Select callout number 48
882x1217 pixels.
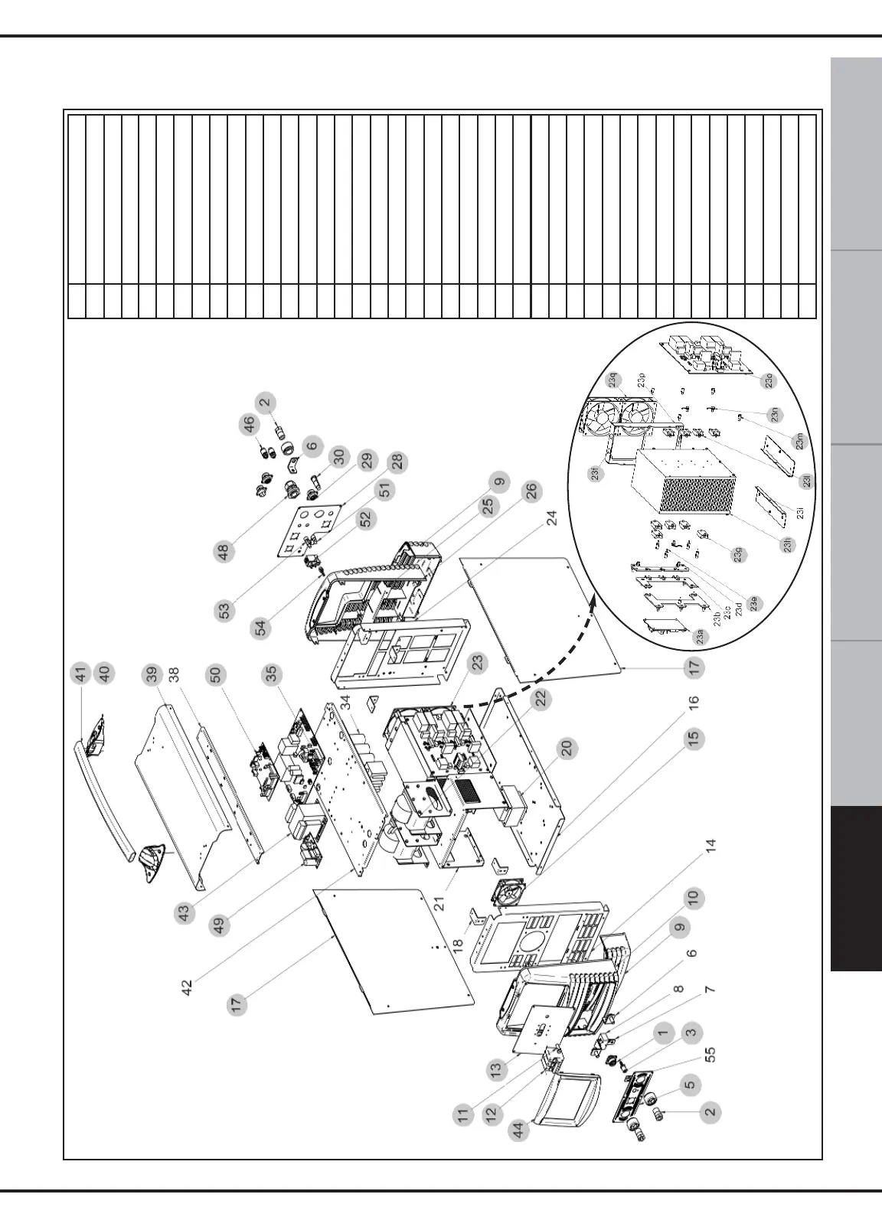pos(225,552)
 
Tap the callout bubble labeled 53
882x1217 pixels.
pos(224,611)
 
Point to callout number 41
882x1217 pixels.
pos(80,674)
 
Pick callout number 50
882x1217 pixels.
pos(216,676)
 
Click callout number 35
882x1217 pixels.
pos(271,676)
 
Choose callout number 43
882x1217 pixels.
pos(184,913)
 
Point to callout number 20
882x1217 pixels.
pos(567,749)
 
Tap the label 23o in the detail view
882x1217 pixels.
pos(769,380)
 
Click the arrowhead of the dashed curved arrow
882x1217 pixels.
pos(595,605)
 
